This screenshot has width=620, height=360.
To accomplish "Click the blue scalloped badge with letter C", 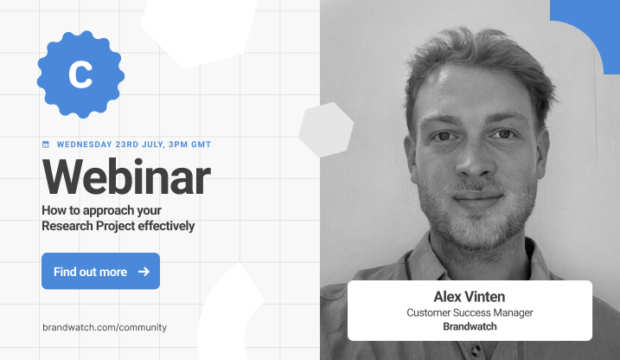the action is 80,74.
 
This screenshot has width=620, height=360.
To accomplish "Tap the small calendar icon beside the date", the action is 46,145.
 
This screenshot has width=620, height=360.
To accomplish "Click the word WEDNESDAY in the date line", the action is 84,145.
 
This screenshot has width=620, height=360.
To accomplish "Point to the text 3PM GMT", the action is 189,145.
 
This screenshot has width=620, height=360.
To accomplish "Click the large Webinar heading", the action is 126,177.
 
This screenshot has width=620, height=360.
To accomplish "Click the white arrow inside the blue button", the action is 144,272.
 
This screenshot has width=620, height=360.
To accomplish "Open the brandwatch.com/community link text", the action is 105,327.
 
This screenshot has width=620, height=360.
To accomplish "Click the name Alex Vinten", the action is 470,296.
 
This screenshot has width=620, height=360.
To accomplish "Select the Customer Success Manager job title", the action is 470,312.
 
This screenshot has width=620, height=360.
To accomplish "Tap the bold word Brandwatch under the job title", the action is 470,326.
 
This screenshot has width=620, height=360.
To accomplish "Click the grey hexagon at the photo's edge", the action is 326,130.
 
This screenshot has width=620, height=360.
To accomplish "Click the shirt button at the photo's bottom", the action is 476,350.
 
